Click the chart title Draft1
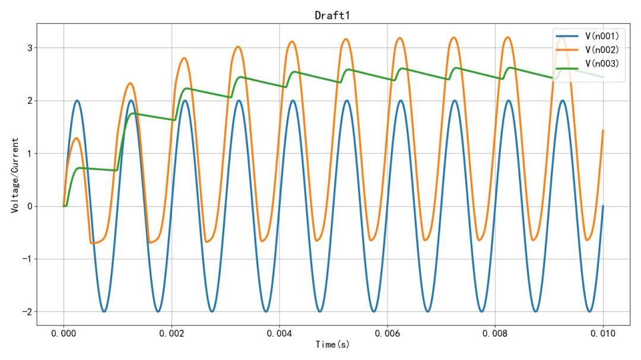(x=333, y=16)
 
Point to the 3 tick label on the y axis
(x=28, y=48)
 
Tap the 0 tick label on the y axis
(x=28, y=206)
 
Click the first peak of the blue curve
(x=77, y=101)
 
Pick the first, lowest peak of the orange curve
(x=77, y=138)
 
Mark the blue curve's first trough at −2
(x=104, y=311)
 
